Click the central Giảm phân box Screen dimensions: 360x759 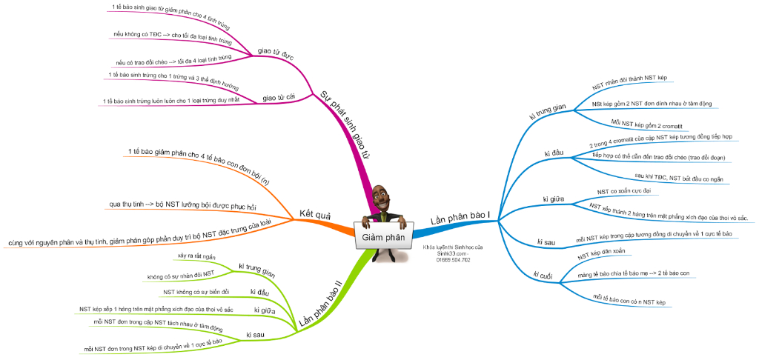[x=383, y=237]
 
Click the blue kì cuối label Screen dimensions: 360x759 [x=545, y=276]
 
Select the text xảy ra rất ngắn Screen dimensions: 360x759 [x=196, y=256]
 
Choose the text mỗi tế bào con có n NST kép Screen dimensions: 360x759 [x=630, y=301]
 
